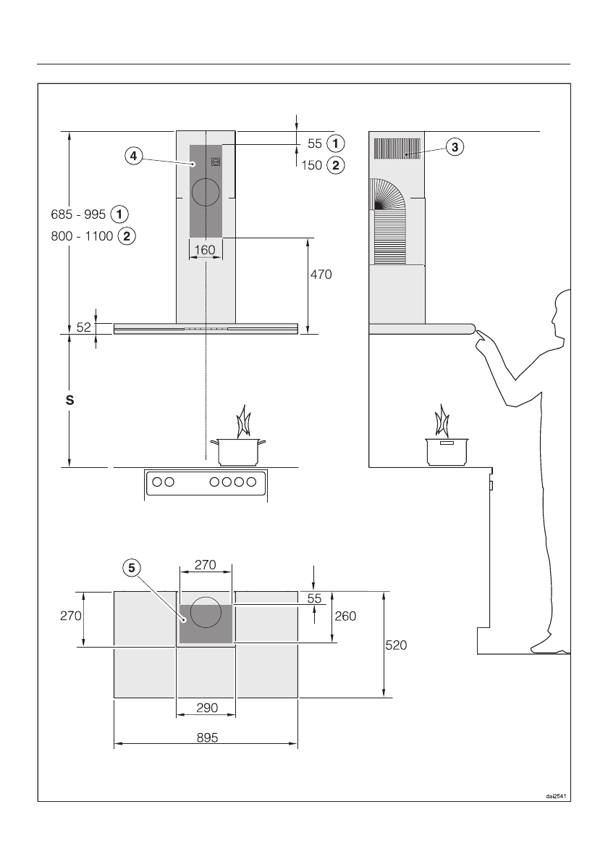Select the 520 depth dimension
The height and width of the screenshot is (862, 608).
click(x=395, y=645)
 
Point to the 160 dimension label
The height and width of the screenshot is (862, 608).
click(x=206, y=250)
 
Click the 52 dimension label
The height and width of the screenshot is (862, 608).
click(x=84, y=327)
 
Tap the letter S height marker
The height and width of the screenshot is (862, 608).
click(x=70, y=399)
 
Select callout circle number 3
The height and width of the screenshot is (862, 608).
click(x=454, y=147)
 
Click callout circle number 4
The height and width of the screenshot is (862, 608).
click(x=132, y=155)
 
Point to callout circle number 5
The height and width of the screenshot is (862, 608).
click(x=131, y=569)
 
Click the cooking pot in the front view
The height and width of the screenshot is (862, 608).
click(x=238, y=451)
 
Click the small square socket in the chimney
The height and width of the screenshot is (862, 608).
click(x=216, y=162)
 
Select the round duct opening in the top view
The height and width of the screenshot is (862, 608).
click(x=206, y=611)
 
